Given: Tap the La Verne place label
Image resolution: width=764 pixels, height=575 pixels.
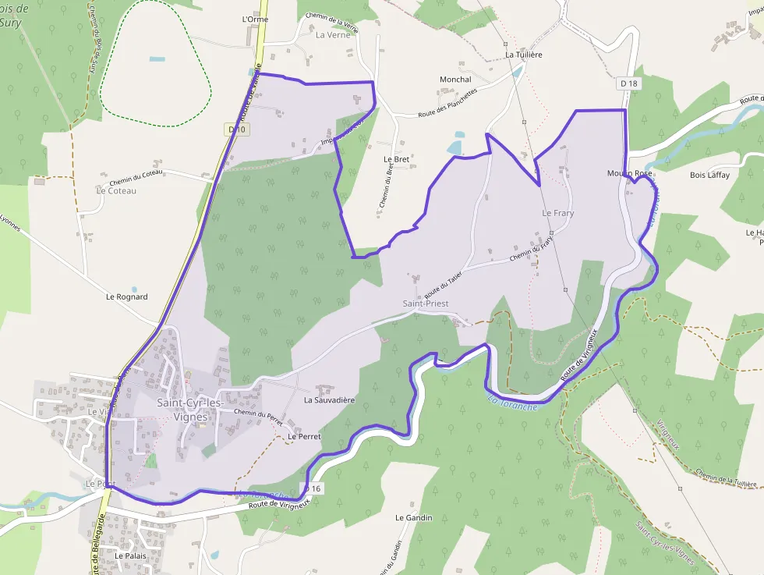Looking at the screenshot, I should (333, 35).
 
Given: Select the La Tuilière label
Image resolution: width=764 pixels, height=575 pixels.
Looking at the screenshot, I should (523, 55).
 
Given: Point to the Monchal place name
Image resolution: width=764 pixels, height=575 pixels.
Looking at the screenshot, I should (455, 80).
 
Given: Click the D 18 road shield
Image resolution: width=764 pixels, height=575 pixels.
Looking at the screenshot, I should (628, 83).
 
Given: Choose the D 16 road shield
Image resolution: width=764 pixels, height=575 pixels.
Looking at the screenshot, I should (312, 488).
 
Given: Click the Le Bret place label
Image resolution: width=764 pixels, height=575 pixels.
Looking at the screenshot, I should (396, 159).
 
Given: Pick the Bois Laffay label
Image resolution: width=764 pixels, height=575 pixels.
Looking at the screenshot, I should (709, 176).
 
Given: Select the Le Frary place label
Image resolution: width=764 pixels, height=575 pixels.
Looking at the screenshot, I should (557, 213).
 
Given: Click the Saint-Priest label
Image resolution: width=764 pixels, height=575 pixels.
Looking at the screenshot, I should (425, 303).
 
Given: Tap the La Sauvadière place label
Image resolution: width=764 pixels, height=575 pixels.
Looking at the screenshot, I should (329, 400).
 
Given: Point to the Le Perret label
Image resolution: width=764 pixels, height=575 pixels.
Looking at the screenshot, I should (304, 437).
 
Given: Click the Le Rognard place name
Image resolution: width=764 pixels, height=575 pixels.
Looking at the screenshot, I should (126, 297).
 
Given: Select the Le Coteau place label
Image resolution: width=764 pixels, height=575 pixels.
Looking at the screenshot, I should (116, 191).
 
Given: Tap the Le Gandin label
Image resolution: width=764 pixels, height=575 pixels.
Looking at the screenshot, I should (413, 518).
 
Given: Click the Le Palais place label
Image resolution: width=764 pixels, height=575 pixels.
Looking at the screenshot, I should (130, 555).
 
